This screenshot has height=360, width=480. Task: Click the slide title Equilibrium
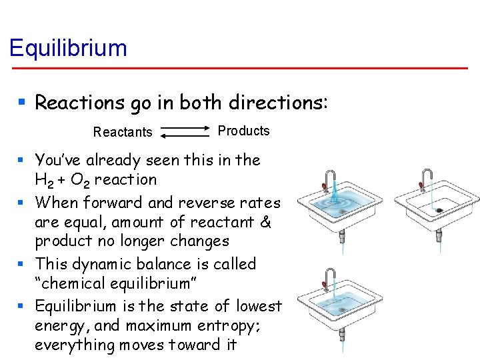tap(67, 48)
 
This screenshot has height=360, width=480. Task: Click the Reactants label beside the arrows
tap(123, 132)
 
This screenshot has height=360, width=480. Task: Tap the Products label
tap(243, 131)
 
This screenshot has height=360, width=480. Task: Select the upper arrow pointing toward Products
tap(186, 127)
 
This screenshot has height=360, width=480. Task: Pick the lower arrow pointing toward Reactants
tap(185, 135)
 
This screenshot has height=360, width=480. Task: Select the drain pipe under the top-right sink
tap(438, 233)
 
